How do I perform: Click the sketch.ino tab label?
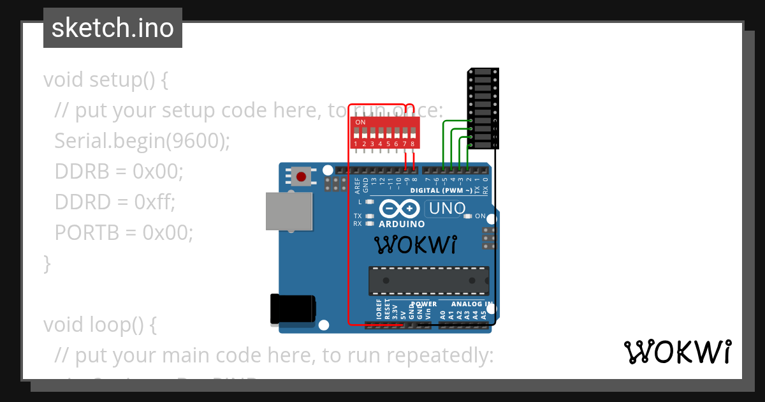coord(113,28)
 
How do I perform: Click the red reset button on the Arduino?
coord(301,176)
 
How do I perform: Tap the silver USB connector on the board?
coord(289,212)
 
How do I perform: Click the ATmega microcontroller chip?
coord(428,281)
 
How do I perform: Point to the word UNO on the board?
coord(447,209)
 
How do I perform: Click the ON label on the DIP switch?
coord(360,122)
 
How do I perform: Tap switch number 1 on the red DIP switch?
coord(356,135)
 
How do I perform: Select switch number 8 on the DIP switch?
coord(412,135)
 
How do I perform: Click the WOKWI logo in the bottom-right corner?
coord(677,352)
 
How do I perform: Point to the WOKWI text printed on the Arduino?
coord(415,244)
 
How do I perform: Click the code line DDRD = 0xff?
coord(115,202)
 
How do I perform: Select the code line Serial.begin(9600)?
coord(142,140)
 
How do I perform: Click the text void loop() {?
coord(99,324)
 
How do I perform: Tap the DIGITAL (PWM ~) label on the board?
coord(441,191)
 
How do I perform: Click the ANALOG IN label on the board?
coord(471,304)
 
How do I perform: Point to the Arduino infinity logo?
coord(400,209)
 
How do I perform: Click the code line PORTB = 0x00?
coord(124,232)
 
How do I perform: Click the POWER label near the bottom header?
coord(424,304)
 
